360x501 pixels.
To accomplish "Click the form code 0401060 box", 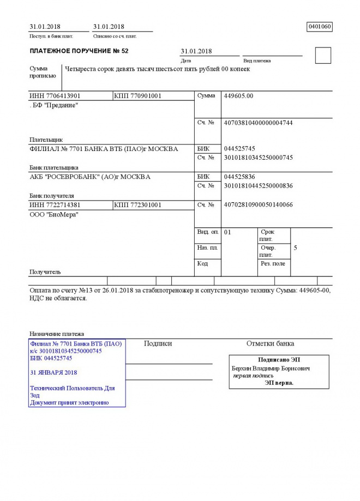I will pyautogui.click(x=320, y=26).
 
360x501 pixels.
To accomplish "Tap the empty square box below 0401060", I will pyautogui.click(x=323, y=56).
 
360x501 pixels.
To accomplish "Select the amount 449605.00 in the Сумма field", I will pyautogui.click(x=238, y=96).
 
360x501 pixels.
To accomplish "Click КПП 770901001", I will pyautogui.click(x=137, y=96).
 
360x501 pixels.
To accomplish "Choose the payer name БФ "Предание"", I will pyautogui.click(x=55, y=105).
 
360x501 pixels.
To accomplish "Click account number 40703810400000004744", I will pyautogui.click(x=259, y=123).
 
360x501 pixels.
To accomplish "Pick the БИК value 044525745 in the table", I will pyautogui.click(x=239, y=149).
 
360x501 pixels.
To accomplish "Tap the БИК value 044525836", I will pyautogui.click(x=239, y=177).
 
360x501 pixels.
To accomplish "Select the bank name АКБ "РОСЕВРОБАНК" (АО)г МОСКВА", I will pyautogui.click(x=90, y=177).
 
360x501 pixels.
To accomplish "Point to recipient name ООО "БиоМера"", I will pyautogui.click(x=53, y=215).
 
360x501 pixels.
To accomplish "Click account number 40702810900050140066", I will pyautogui.click(x=259, y=205).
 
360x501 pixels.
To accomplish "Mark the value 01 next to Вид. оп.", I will pyautogui.click(x=228, y=232).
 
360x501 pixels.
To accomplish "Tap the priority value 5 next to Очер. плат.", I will pyautogui.click(x=295, y=248).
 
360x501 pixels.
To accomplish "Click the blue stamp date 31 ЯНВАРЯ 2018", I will pyautogui.click(x=54, y=372).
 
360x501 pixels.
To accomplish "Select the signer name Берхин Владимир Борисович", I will pyautogui.click(x=271, y=369).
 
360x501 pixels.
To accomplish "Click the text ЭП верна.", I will pyautogui.click(x=279, y=383).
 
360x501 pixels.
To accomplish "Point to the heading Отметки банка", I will pyautogui.click(x=270, y=343).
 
